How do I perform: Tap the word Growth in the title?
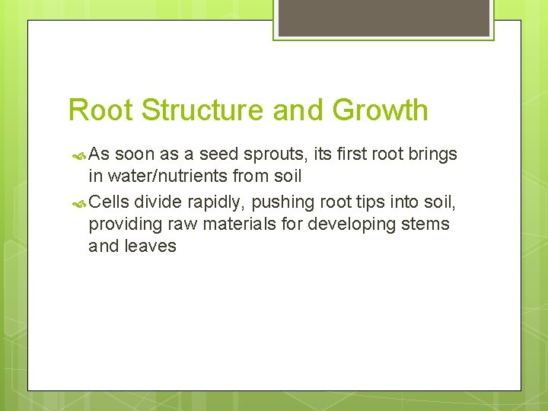coord(380,110)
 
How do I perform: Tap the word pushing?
coord(284,202)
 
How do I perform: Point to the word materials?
coord(229,225)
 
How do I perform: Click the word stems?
coord(425,225)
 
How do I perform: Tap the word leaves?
coord(151,246)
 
